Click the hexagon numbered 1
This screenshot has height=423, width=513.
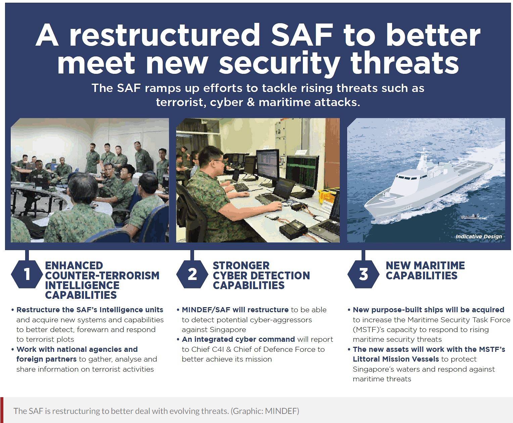click(27, 274)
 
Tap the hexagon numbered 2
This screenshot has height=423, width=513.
click(192, 274)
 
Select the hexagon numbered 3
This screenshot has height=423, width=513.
click(363, 274)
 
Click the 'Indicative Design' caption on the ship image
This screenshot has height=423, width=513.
click(479, 236)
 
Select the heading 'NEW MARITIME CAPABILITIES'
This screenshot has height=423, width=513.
click(425, 271)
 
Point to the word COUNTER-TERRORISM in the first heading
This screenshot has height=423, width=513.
click(102, 275)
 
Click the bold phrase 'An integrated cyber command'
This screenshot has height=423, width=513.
click(238, 339)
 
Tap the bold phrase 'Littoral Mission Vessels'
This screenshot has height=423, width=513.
click(396, 359)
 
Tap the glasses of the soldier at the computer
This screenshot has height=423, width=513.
click(218, 161)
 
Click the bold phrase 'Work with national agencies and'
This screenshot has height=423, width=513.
click(77, 349)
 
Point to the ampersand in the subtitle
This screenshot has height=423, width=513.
click(251, 102)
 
